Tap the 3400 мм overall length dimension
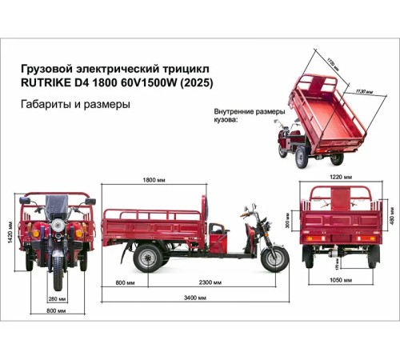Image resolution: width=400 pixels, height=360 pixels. [195, 297]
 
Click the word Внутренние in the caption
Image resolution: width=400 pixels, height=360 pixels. [236, 111]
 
